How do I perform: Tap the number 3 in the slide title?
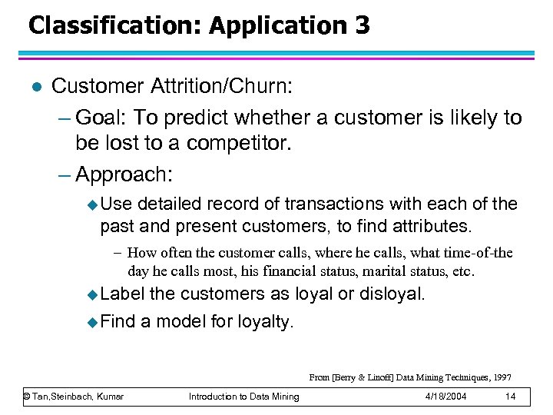[361, 25]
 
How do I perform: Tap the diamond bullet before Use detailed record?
[93, 205]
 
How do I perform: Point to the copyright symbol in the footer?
[27, 397]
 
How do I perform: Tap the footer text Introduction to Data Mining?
[244, 397]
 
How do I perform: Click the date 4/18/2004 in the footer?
[445, 397]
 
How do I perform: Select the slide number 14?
[510, 397]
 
